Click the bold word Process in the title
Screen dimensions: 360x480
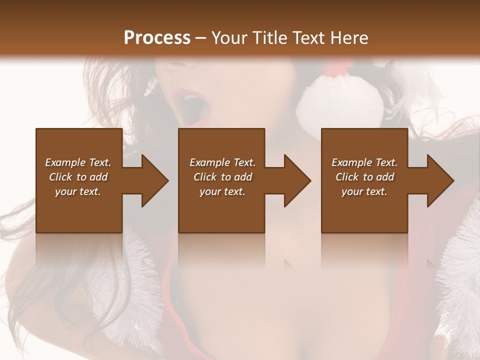tap(157, 38)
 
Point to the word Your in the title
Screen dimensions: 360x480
tap(230, 38)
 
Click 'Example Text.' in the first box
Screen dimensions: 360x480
tap(78, 162)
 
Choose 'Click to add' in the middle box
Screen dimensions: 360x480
tap(222, 177)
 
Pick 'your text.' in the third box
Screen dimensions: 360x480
tap(364, 191)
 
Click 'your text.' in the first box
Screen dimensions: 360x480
tap(78, 191)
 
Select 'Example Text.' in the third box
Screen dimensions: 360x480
tap(364, 162)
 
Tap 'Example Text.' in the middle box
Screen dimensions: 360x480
tap(222, 162)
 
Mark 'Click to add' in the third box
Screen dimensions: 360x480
tap(364, 177)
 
